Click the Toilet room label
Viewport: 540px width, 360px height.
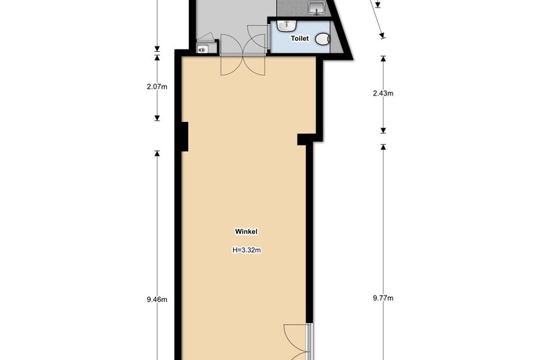coord(300,38)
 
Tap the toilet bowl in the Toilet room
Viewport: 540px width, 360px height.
coord(322,39)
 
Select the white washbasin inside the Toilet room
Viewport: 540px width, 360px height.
coord(287,25)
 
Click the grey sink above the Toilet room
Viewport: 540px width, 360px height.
coord(317,8)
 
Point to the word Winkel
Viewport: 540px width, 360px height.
coord(246,231)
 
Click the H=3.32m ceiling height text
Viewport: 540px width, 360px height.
coord(246,250)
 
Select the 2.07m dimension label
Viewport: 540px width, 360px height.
coord(157,87)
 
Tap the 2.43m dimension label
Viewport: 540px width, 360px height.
coord(383,93)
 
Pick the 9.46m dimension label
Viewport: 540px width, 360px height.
coord(157,299)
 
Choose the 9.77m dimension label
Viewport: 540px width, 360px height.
coord(383,298)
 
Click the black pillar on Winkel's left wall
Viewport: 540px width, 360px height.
coord(185,136)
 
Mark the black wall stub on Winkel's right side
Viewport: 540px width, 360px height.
coord(304,140)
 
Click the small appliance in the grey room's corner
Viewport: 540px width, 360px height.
coord(202,50)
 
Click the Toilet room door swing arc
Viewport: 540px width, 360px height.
coord(258,36)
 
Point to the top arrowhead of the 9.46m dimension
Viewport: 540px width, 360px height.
coord(157,153)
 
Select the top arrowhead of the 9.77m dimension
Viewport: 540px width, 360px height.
coord(383,147)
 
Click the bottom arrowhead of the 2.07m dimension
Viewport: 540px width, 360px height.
coord(157,118)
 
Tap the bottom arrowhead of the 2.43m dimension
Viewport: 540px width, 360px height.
coord(383,131)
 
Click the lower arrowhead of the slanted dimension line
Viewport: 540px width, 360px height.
coord(382,35)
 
